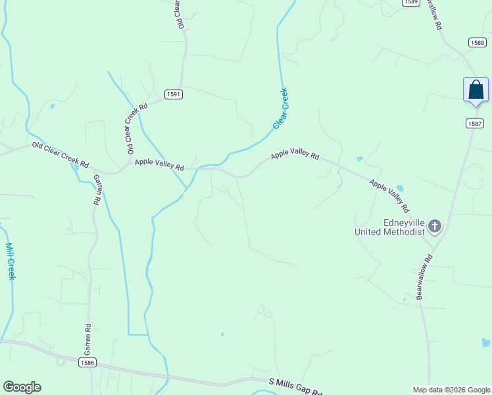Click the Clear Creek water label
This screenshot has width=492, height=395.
[x=280, y=109]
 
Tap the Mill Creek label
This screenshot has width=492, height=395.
[x=10, y=261]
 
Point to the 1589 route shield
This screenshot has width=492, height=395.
[x=411, y=2]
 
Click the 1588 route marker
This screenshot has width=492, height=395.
[x=478, y=42]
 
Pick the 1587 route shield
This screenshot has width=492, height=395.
[x=475, y=124]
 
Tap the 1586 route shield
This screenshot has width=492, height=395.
[x=87, y=363]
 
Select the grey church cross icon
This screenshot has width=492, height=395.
[x=434, y=227]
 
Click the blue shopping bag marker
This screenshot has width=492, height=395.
[x=476, y=90]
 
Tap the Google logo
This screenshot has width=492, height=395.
[x=22, y=387]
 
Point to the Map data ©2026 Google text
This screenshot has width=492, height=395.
[x=451, y=390]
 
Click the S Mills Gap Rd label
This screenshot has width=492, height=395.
[x=296, y=386]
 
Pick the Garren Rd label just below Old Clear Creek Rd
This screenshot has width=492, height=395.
[x=96, y=190]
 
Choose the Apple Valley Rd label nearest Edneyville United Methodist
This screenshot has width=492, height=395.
[x=389, y=194]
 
